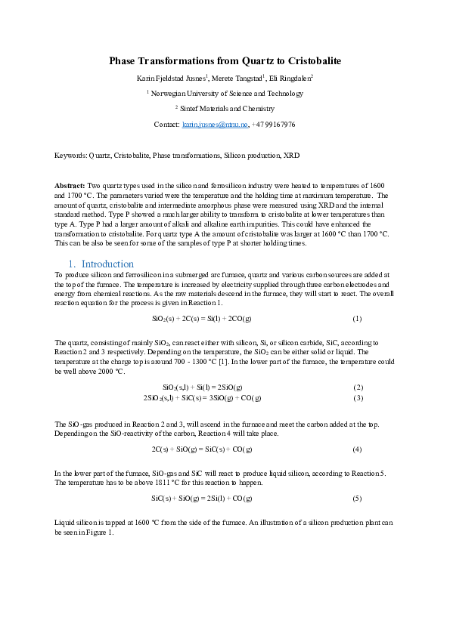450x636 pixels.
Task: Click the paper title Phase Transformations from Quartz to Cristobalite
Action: (x=225, y=60)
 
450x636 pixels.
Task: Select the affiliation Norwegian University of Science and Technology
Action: (x=227, y=94)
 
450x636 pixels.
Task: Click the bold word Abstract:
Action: (x=70, y=185)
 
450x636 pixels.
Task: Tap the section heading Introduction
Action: (x=107, y=264)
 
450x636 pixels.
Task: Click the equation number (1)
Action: (x=357, y=319)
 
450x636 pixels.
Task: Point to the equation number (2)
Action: (x=358, y=387)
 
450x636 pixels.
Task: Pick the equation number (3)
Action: (x=358, y=397)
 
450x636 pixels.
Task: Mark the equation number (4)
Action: (x=357, y=449)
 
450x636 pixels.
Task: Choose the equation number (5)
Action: (x=357, y=499)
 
